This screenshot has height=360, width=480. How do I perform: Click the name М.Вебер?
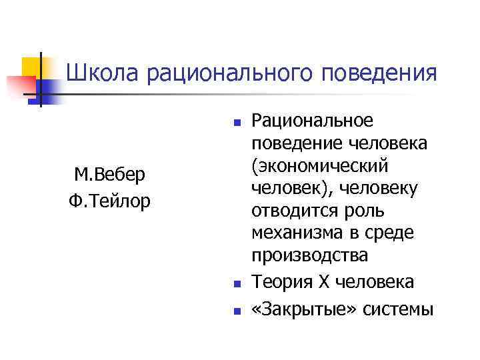point(110,175)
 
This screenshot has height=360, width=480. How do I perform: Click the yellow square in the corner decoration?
point(33,67)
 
